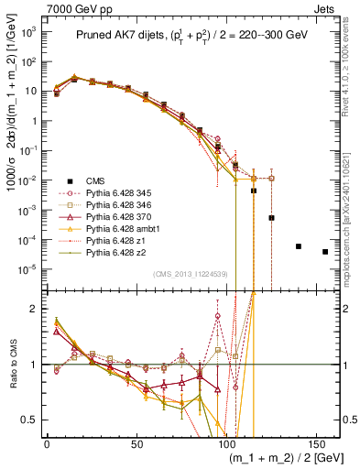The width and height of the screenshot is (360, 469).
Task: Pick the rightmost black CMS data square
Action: tap(325, 252)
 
